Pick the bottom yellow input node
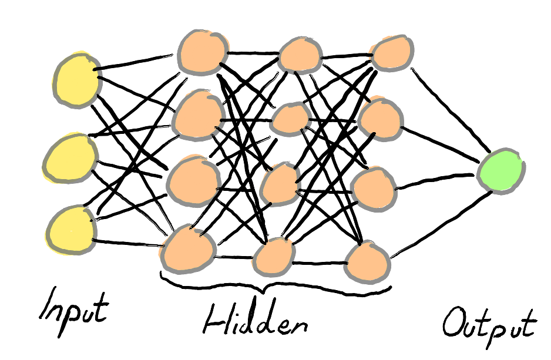70,228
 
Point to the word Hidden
256,321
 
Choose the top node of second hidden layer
300,55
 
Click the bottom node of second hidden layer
273,257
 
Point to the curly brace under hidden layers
273,290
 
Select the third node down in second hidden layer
280,184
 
